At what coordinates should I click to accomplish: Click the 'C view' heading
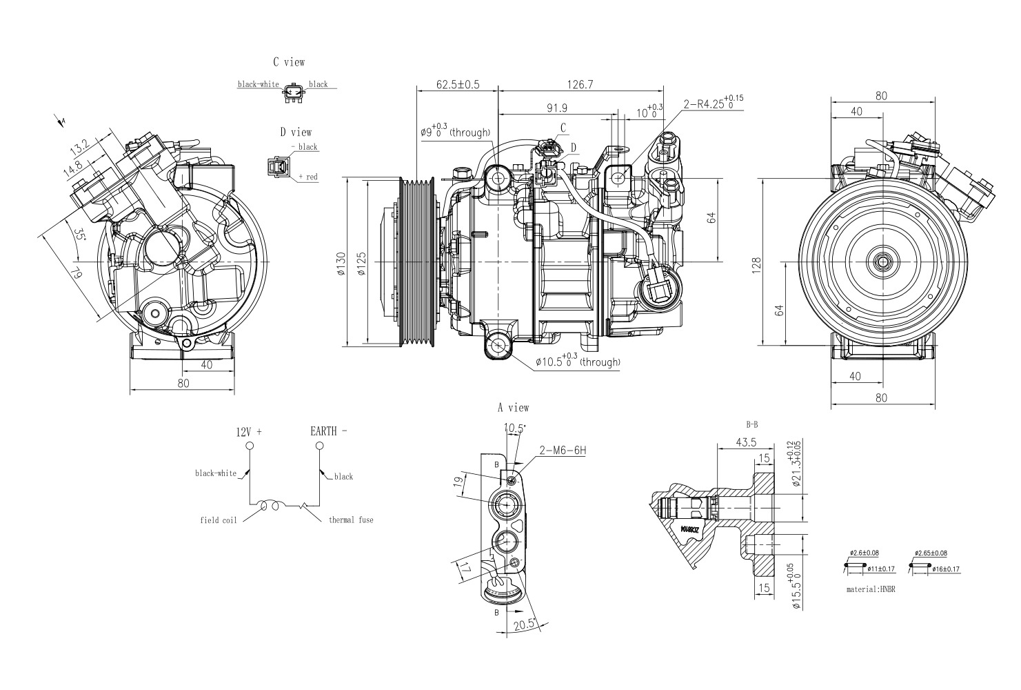coord(288,62)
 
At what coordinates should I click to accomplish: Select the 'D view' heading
coord(295,132)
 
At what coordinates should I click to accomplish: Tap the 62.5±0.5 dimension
coord(458,84)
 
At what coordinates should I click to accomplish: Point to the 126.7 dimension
coord(580,84)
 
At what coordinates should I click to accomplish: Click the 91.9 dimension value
coord(556,108)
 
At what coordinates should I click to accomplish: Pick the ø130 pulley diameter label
coord(341,264)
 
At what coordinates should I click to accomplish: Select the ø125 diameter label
coord(361,264)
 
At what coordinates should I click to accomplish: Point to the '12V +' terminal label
coord(249,432)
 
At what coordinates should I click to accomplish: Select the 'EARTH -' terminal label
coord(328,431)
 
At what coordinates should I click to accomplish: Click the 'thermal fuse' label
coord(351,520)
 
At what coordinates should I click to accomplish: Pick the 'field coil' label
coord(219,520)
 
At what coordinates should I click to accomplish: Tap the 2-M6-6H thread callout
coord(563,451)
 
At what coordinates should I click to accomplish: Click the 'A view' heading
coord(514,408)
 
